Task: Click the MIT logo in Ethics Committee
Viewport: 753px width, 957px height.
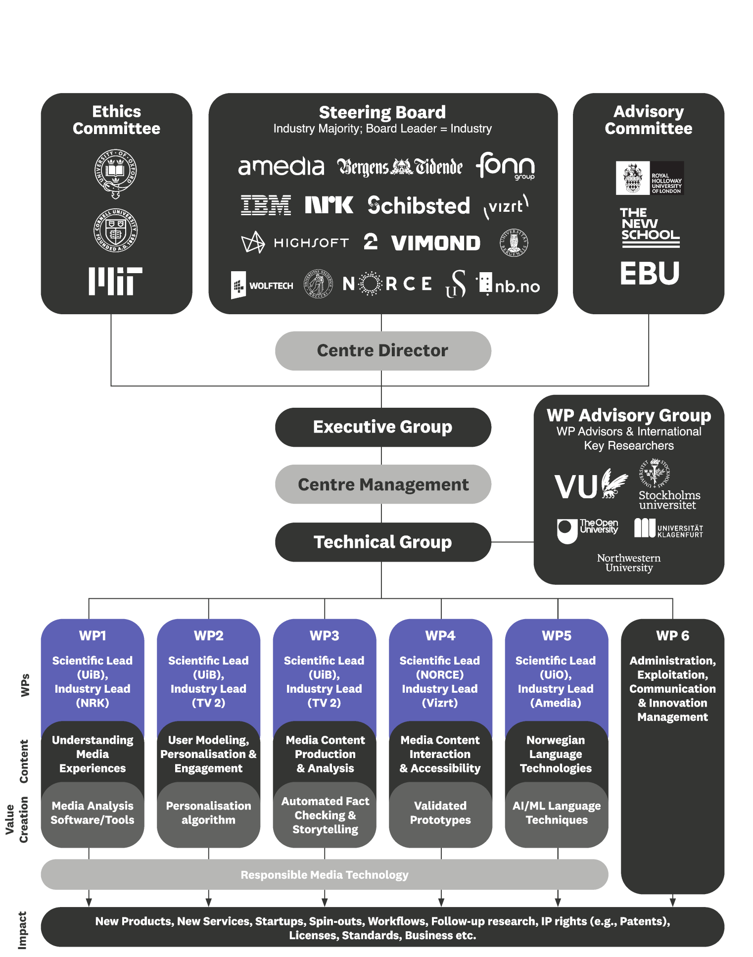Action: pos(115,281)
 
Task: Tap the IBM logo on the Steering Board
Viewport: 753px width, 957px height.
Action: pos(266,205)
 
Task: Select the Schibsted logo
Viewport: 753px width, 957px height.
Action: pos(419,205)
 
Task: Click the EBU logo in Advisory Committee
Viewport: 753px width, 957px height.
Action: pos(650,273)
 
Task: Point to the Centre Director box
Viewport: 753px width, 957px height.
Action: pos(383,351)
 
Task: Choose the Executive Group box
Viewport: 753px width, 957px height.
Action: pos(383,427)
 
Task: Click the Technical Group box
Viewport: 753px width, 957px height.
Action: pos(383,542)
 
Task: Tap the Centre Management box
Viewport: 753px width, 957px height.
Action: pos(383,484)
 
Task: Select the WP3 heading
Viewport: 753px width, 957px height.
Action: pos(325,635)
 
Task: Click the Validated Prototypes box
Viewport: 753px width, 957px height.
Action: pos(440,813)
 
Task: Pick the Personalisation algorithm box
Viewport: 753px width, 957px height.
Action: pos(208,813)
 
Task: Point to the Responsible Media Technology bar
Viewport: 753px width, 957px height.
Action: pos(325,875)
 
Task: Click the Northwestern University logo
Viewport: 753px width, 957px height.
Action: pos(629,563)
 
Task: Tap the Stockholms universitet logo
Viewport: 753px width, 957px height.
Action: pos(668,485)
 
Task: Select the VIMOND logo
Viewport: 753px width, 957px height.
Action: pos(435,243)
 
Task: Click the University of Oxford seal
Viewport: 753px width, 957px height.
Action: pos(116,172)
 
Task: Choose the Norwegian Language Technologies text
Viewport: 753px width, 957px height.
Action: pos(556,754)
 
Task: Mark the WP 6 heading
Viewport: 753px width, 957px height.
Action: pos(672,635)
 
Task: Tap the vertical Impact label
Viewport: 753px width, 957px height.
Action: pos(22,930)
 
